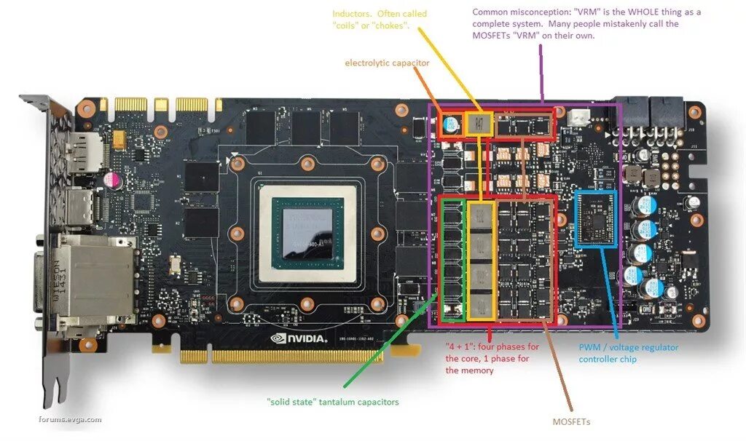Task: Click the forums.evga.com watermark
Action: point(71,419)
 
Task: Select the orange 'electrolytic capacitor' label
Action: point(387,63)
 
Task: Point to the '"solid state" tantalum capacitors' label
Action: point(333,402)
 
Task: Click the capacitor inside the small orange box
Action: point(452,125)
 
